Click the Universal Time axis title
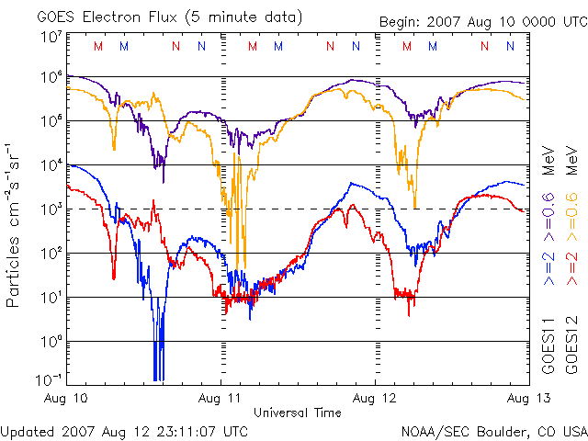297,413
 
